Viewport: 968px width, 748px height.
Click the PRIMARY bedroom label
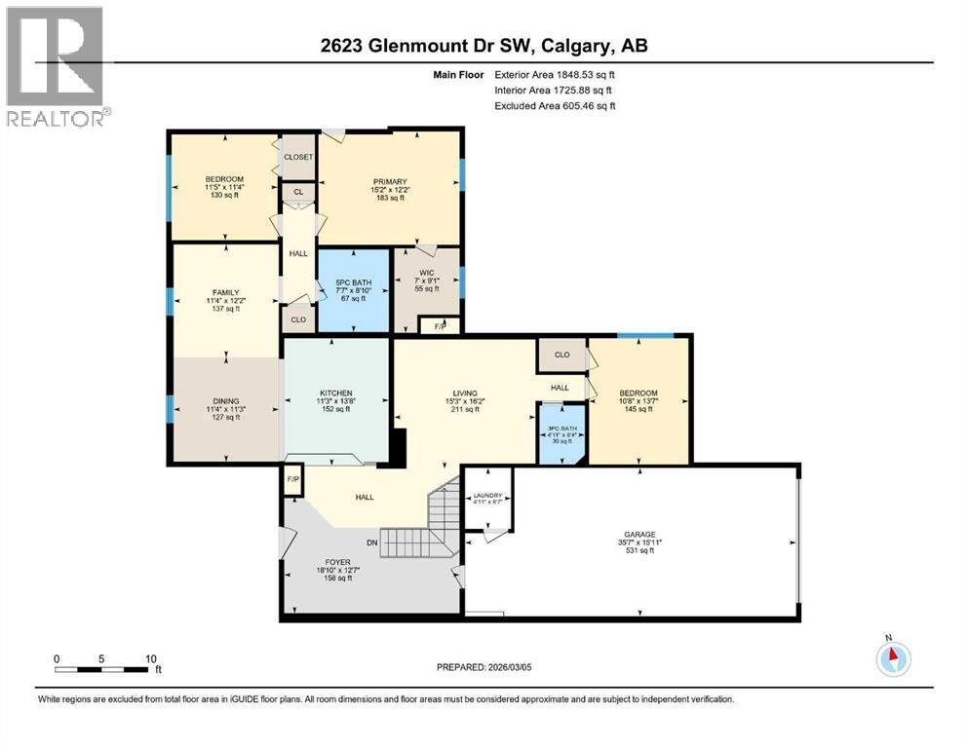(389, 181)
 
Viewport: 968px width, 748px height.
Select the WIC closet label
(427, 273)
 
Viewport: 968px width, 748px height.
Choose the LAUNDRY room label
(488, 495)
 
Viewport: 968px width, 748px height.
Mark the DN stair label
(371, 543)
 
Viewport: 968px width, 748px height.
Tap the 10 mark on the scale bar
(148, 658)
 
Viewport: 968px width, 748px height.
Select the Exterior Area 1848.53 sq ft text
(555, 74)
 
